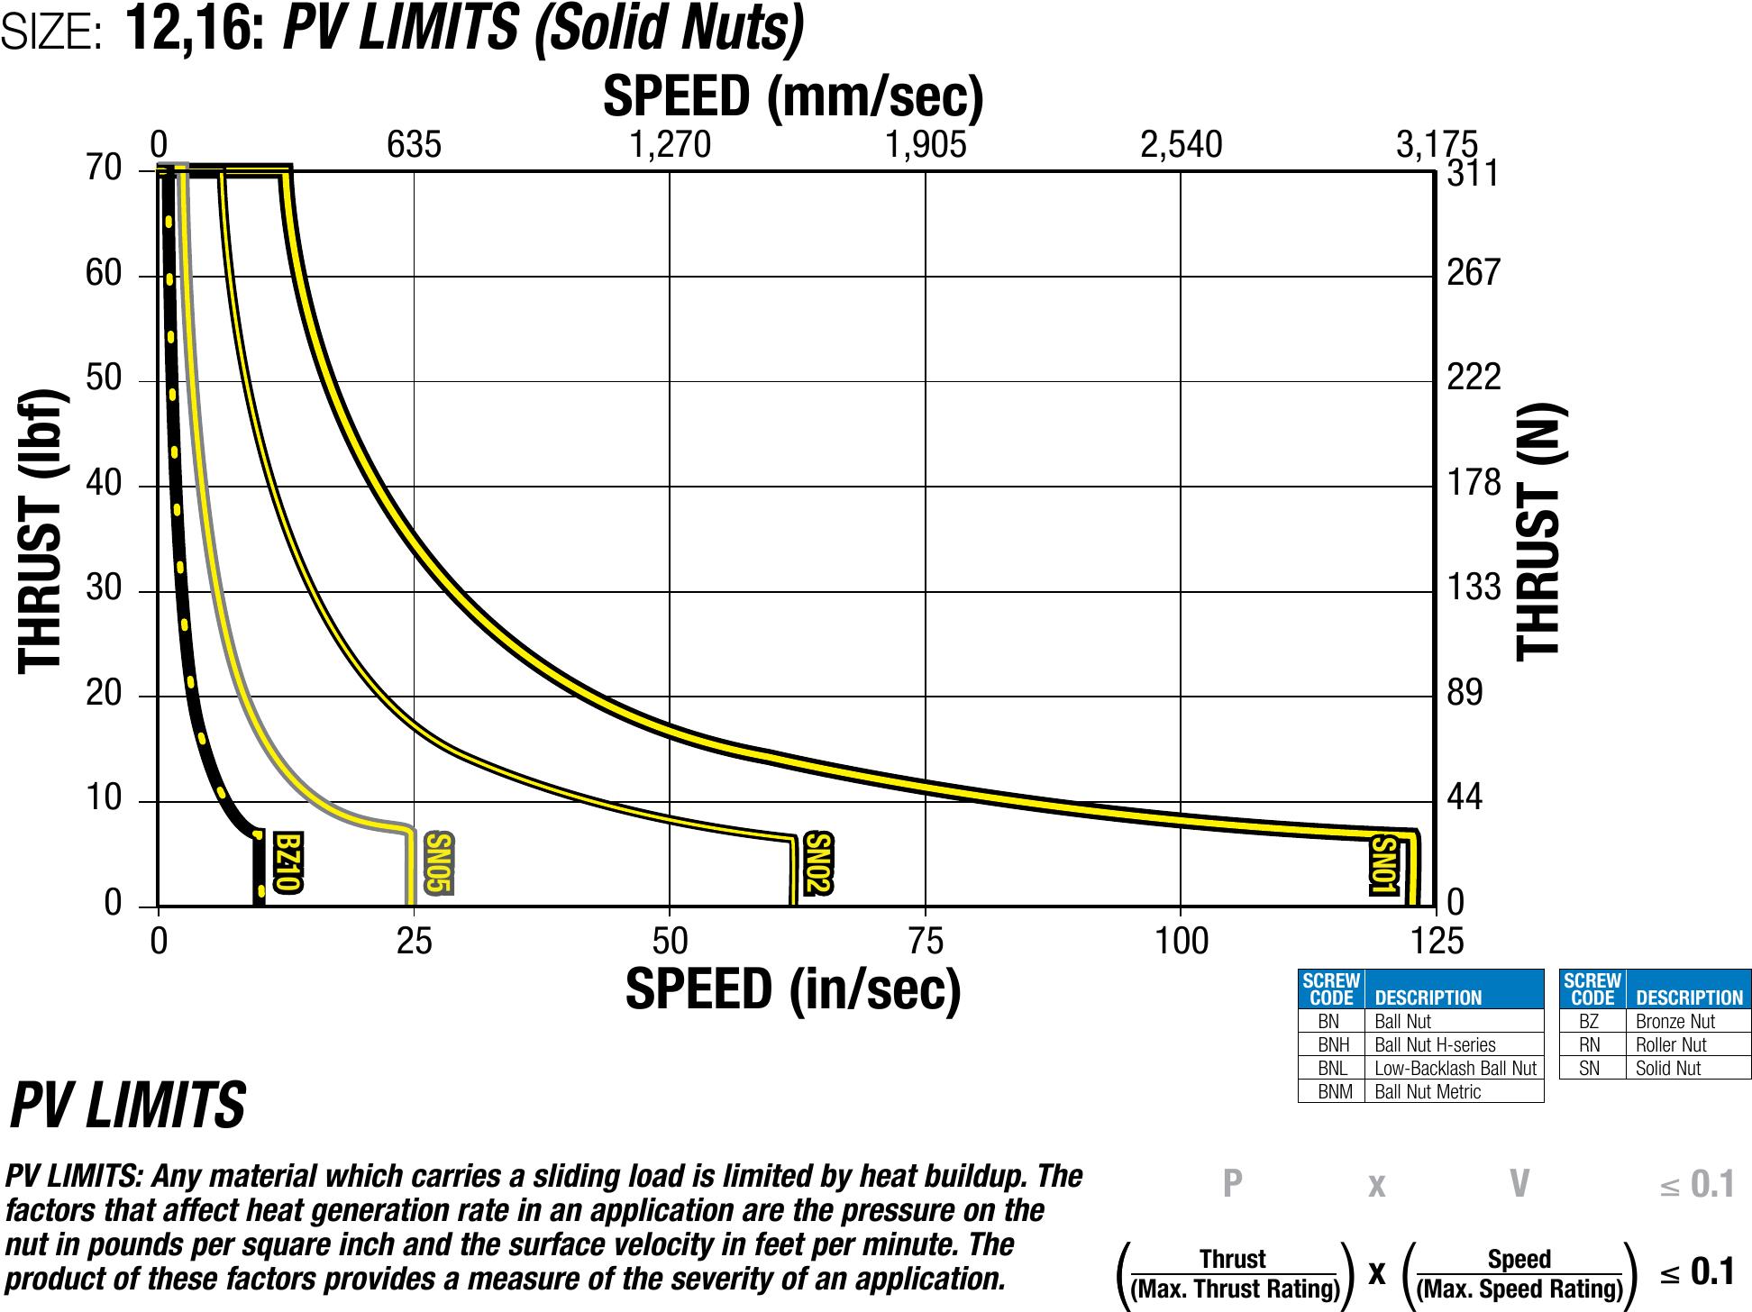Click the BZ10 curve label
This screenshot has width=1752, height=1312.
pyautogui.click(x=287, y=863)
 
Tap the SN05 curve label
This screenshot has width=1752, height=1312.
pyautogui.click(x=438, y=863)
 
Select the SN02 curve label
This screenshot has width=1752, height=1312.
pyautogui.click(x=817, y=863)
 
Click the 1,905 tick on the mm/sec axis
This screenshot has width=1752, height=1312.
pyautogui.click(x=926, y=145)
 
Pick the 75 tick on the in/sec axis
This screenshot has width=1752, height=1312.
pyautogui.click(x=926, y=942)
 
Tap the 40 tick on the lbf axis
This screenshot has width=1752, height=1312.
pyautogui.click(x=104, y=485)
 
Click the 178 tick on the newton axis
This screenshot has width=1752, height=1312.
pyautogui.click(x=1474, y=484)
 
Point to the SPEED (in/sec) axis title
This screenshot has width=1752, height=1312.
pyautogui.click(x=793, y=990)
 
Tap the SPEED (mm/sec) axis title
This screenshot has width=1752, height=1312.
pyautogui.click(x=793, y=96)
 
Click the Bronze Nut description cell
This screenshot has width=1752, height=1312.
pyautogui.click(x=1675, y=1022)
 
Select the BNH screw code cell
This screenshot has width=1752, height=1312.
pyautogui.click(x=1333, y=1045)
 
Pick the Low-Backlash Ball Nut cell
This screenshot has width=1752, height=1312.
pyautogui.click(x=1455, y=1069)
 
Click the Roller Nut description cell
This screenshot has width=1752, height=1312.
pyautogui.click(x=1671, y=1045)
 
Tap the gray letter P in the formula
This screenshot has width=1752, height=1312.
pyautogui.click(x=1232, y=1184)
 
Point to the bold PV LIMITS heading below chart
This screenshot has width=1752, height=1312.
pyautogui.click(x=127, y=1106)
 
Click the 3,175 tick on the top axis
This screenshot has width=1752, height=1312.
pyautogui.click(x=1437, y=145)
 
